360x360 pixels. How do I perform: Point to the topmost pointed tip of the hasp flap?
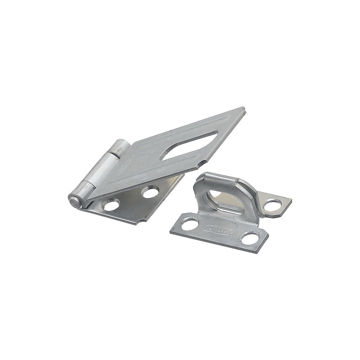click(243, 108)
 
